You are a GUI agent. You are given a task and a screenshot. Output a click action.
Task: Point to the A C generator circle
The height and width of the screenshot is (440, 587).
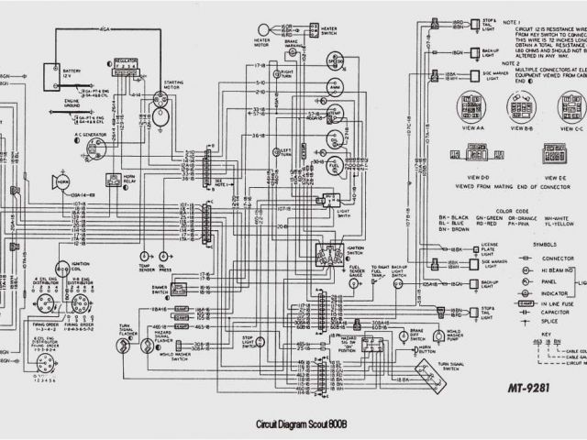[x=94, y=147]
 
